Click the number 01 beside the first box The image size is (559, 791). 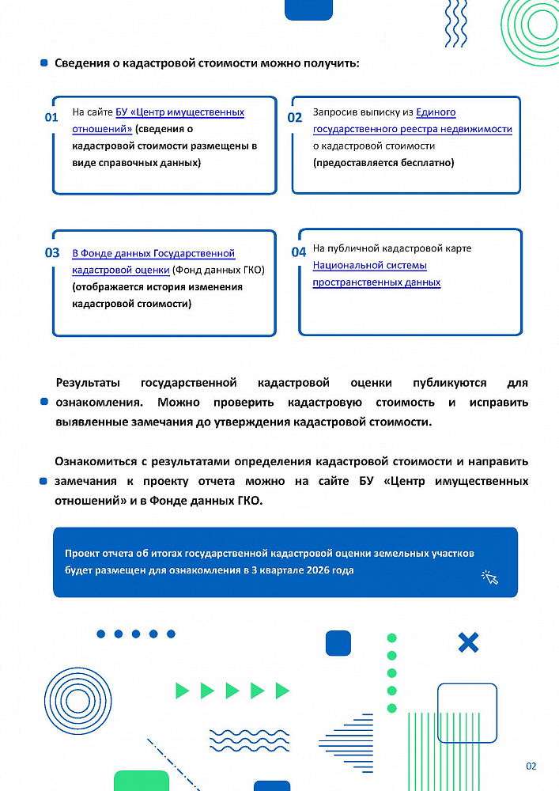(x=51, y=118)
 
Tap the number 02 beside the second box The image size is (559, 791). (x=294, y=118)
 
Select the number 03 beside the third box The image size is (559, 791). (x=51, y=253)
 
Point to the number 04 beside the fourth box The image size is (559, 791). (x=298, y=252)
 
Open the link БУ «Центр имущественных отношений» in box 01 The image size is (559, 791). (x=158, y=120)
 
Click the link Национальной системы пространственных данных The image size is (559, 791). (x=376, y=274)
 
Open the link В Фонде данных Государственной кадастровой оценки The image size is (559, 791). (x=153, y=262)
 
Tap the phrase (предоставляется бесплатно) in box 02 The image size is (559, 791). (x=383, y=163)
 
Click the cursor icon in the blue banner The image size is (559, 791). (x=490, y=578)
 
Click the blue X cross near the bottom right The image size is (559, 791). (x=468, y=642)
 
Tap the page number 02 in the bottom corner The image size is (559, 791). (x=531, y=766)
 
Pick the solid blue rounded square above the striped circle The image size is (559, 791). (x=338, y=643)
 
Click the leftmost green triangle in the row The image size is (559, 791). (x=183, y=691)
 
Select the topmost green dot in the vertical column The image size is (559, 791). (x=391, y=638)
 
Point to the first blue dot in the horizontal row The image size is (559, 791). (x=100, y=634)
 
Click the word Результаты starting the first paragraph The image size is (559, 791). (x=87, y=383)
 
